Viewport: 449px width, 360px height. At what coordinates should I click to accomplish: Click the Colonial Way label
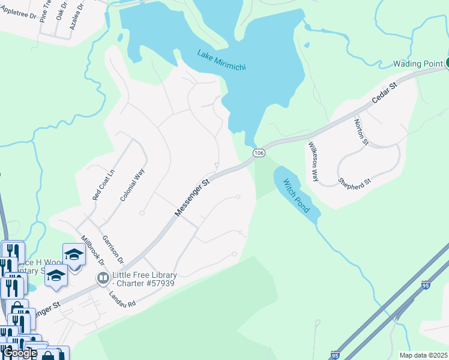132,185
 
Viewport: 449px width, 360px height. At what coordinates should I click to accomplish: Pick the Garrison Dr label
112,249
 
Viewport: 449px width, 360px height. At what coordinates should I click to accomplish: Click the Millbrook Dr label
92,250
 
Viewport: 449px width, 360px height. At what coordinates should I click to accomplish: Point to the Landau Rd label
122,299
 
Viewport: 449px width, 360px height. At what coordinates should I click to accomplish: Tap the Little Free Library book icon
103,278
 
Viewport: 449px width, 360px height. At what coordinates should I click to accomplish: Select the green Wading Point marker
446,63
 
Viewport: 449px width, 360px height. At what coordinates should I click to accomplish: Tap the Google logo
19,353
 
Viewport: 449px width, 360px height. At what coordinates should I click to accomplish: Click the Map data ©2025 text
423,355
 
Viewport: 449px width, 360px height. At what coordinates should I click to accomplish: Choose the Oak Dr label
61,11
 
